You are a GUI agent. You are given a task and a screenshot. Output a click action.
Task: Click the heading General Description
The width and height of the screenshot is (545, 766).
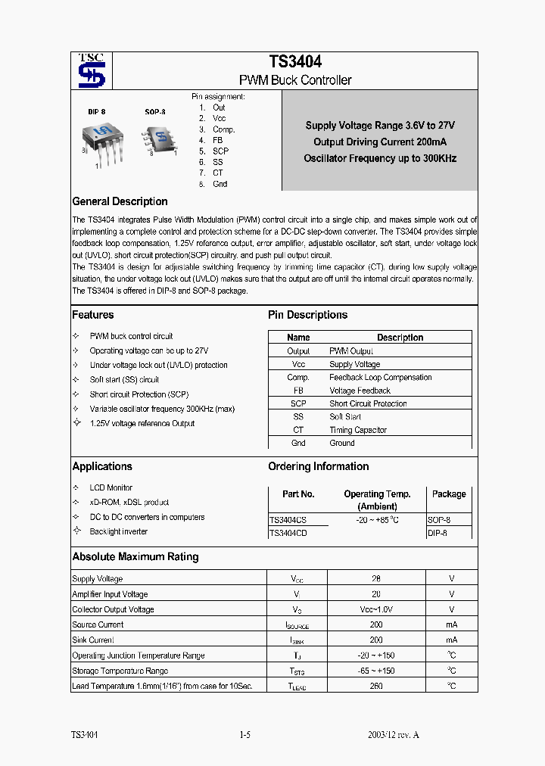[x=120, y=201]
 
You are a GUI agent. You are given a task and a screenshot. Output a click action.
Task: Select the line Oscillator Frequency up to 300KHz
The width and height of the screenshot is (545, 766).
[x=380, y=159]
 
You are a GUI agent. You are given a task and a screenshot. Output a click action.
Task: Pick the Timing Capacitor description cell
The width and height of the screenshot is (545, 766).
[x=358, y=430]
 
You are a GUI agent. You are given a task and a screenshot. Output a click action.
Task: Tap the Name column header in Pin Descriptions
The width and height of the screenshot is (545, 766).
[x=298, y=338]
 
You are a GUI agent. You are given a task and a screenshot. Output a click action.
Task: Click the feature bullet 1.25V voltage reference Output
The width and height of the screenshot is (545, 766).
[x=142, y=423]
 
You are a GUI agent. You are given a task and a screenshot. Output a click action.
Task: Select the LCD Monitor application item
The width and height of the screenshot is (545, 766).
[x=111, y=487]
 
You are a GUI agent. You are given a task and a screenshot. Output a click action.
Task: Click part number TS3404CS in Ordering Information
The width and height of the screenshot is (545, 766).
[x=288, y=520]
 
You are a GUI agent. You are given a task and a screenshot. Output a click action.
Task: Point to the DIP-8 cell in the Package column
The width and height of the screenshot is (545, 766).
[x=438, y=533]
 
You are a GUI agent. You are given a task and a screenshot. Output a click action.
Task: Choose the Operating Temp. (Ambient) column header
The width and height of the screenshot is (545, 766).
[x=376, y=500]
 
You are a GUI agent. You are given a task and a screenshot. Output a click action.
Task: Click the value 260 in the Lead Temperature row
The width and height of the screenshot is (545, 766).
[x=376, y=686]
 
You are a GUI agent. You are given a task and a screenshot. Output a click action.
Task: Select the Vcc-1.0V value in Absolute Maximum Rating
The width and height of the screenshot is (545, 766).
[x=376, y=609]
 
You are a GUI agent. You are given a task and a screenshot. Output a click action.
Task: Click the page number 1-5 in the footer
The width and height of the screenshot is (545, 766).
[x=244, y=735]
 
